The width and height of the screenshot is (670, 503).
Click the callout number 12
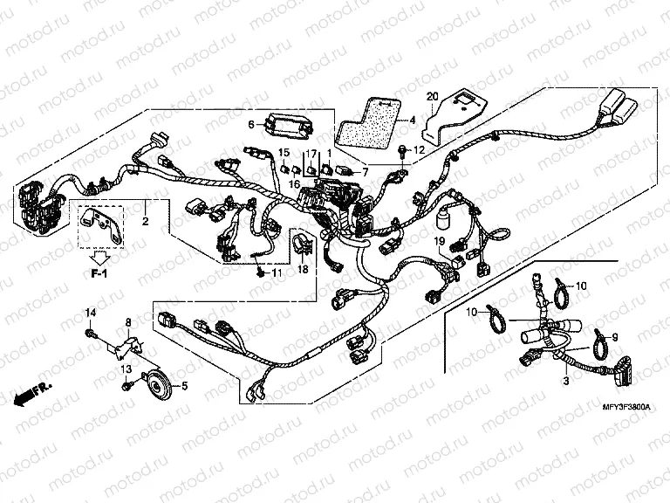point(419,150)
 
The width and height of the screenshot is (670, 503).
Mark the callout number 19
point(441,241)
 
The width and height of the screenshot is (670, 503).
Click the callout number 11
point(277,273)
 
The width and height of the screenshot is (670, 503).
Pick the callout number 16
point(294,184)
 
